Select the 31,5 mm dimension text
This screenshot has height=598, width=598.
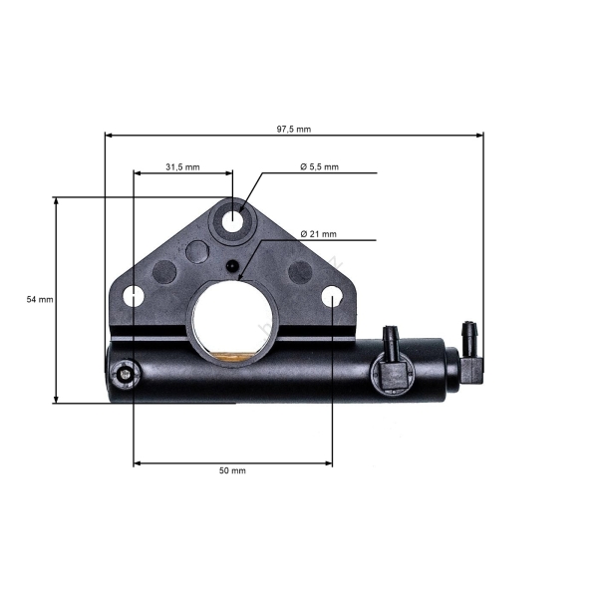tap(182, 166)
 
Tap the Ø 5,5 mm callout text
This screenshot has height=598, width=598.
tap(319, 166)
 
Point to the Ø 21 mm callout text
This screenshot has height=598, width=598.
tap(318, 234)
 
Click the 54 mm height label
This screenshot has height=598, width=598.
tap(39, 299)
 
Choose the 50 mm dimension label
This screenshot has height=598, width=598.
tap(231, 470)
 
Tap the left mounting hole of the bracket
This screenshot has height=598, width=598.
tap(133, 296)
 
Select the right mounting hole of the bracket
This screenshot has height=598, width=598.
tap(332, 296)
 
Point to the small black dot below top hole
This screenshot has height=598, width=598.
tap(232, 266)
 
